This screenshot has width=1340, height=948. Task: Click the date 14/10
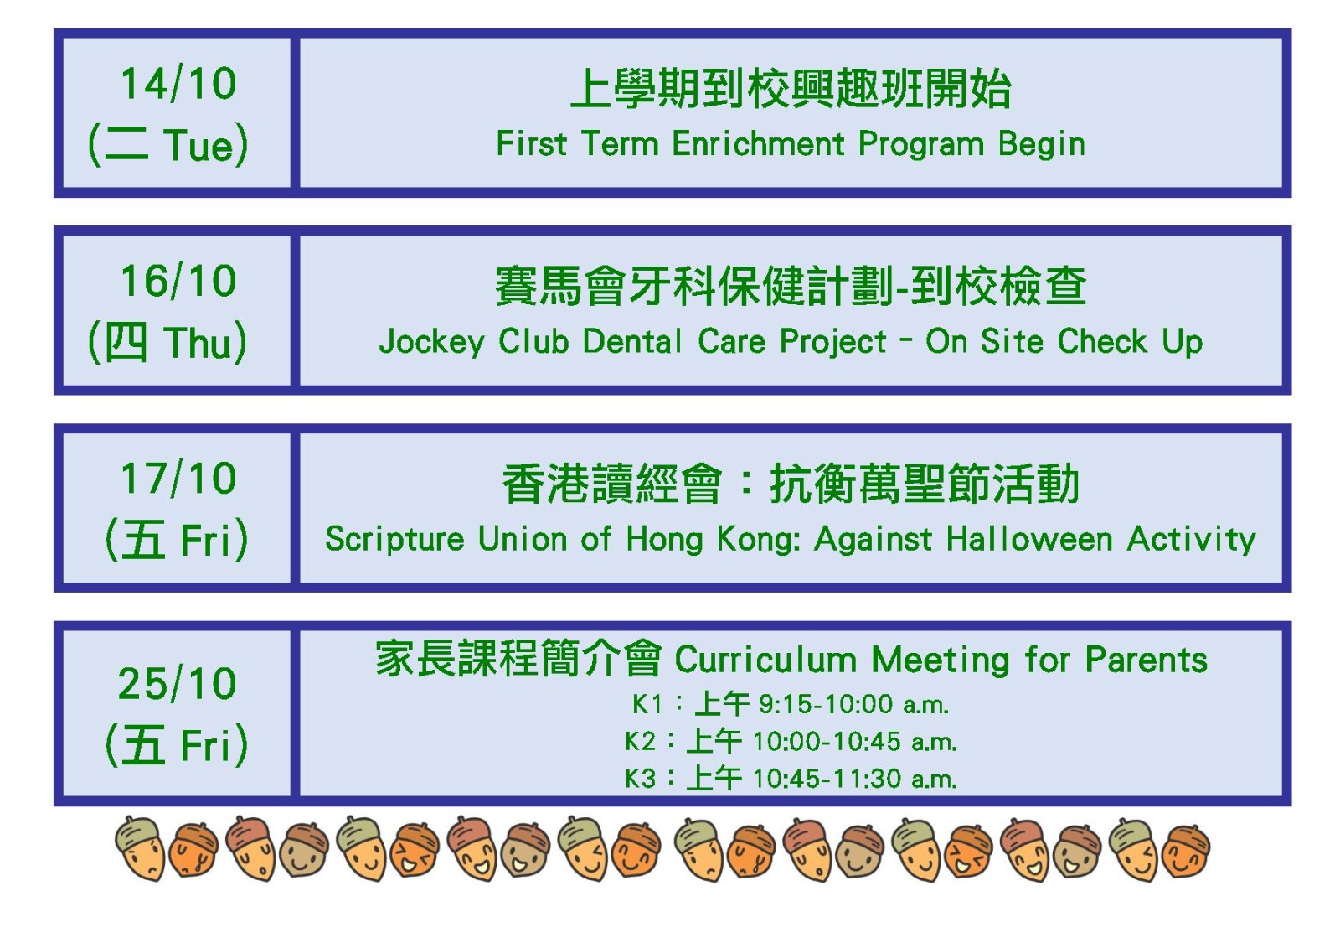(178, 83)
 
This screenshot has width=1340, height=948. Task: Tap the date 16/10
(178, 281)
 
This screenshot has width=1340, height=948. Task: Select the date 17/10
(178, 479)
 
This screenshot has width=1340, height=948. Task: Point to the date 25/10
(177, 683)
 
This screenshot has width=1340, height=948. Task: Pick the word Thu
(197, 343)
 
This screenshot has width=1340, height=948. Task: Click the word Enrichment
(758, 143)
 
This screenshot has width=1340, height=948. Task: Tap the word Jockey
(431, 342)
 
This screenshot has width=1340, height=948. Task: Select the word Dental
(631, 341)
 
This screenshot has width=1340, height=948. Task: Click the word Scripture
(394, 540)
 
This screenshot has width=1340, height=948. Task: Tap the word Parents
(1147, 660)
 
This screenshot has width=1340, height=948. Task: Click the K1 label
(647, 704)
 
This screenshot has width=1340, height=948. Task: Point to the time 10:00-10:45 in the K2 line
(826, 742)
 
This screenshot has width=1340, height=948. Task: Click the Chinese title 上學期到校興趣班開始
(791, 89)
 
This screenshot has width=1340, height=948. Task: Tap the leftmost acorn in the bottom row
(141, 848)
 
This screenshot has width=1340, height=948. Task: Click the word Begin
(1042, 144)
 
